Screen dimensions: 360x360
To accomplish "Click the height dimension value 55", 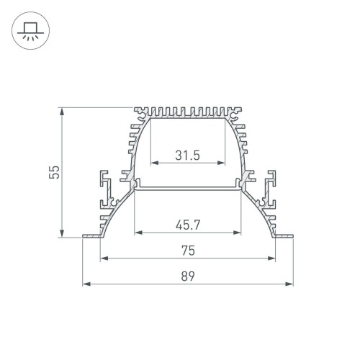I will pos(53,172).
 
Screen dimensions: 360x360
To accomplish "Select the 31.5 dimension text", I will pos(187,155).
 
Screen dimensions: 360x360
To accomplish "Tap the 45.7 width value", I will pos(187,225).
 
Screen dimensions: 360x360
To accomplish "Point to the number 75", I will pos(187,251).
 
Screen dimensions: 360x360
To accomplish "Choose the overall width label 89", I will pos(187,276).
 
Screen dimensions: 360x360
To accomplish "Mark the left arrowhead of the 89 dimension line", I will pos(86,284).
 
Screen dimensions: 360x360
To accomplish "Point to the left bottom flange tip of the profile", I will pos(85,235).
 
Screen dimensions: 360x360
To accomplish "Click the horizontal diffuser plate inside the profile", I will pos(187,189).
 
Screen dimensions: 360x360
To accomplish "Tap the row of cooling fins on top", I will pos(187,112).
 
